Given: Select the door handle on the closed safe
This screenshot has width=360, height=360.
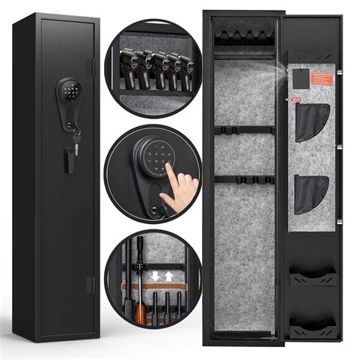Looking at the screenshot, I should pos(67,161).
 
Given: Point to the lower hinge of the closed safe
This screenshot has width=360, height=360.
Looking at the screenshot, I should pos(90,283).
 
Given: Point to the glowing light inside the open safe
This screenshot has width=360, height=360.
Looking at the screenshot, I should pos(280,68).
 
